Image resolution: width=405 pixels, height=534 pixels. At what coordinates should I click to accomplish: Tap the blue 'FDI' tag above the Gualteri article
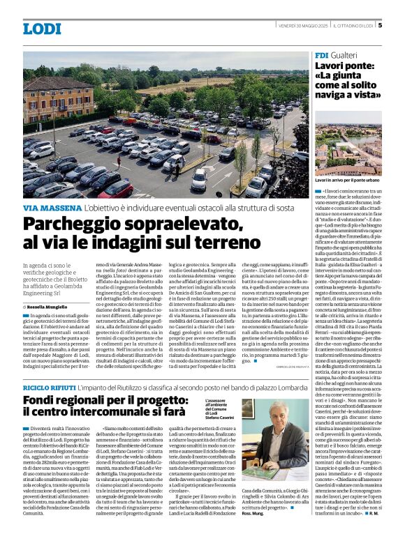[322, 54]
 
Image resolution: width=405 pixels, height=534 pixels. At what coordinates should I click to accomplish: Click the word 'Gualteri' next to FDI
[346, 54]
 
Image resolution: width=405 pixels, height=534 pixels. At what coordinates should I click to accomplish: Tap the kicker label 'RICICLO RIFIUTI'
[50, 386]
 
